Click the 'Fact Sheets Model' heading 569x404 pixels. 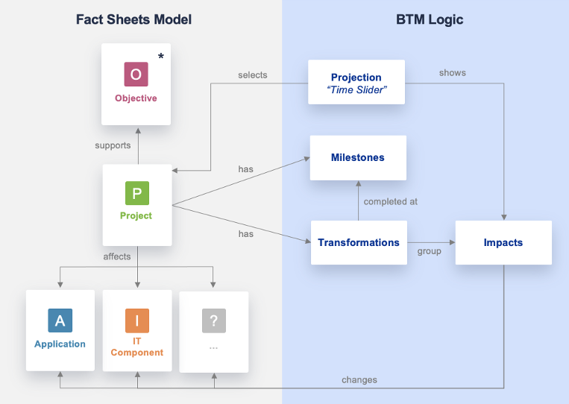[134, 19]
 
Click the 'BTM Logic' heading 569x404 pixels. [430, 19]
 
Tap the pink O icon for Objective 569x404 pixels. [136, 74]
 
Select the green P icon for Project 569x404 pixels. [136, 193]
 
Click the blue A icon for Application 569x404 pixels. [60, 321]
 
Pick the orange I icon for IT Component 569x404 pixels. [136, 321]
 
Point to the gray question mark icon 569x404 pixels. [213, 321]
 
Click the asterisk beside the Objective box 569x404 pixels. [161, 57]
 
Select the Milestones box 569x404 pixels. [358, 157]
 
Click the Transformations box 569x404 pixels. [359, 242]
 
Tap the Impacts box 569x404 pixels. [503, 242]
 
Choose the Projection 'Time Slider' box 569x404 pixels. [356, 82]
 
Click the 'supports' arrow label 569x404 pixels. [113, 145]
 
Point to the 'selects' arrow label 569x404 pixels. [253, 75]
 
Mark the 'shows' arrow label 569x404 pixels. [453, 73]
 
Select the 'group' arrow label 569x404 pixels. [430, 251]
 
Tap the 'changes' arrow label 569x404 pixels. [359, 379]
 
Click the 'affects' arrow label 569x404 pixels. [117, 256]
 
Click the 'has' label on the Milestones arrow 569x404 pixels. [246, 169]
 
